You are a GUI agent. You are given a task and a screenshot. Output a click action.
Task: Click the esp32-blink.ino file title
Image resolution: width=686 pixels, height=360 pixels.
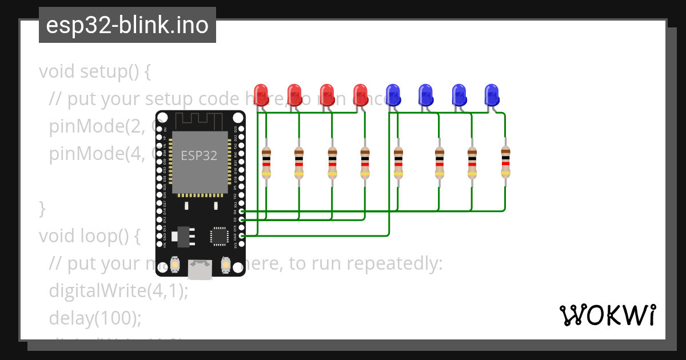point(127,26)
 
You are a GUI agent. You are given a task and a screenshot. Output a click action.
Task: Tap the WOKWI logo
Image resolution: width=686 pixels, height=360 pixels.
point(607,315)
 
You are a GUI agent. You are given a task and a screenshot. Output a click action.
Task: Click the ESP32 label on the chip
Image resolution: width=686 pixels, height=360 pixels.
point(199,155)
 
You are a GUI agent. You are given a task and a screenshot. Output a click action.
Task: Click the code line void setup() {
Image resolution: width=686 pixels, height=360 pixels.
point(95,72)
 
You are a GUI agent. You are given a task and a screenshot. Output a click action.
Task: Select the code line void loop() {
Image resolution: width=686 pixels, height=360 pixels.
point(89,236)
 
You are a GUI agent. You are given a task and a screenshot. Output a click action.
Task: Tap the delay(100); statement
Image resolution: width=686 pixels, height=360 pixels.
point(95,318)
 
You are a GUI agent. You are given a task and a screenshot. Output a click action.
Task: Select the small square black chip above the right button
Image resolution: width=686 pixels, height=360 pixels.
point(220,236)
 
